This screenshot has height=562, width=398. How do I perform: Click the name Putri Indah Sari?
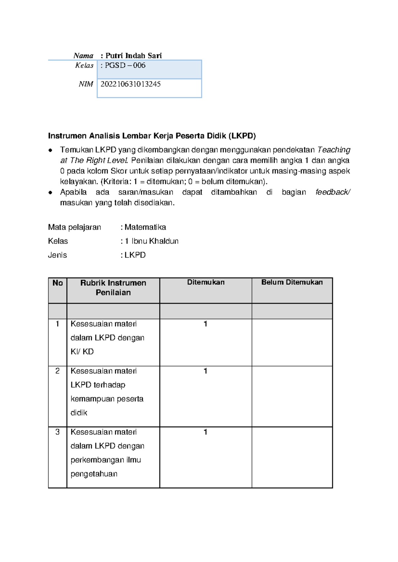coord(133,56)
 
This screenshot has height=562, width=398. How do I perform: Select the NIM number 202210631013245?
coord(130,84)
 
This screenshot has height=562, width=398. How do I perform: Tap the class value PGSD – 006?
coord(125,65)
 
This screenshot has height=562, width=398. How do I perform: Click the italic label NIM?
coord(86,84)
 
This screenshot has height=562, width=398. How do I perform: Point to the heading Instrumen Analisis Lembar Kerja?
coord(152,136)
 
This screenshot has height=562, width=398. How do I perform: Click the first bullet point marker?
coord(50,150)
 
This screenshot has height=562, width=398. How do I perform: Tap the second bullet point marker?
coord(50,193)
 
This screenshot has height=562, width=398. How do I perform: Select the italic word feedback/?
coord(333,192)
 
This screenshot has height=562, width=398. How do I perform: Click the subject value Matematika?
coord(145,227)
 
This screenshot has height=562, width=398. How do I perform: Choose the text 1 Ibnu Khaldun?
coord(152,241)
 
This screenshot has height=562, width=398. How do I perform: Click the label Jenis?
coord(57,255)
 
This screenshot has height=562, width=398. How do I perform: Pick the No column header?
coord(57,283)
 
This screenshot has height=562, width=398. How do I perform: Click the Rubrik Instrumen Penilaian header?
coord(113,288)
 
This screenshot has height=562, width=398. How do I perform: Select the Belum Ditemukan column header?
coord(292,282)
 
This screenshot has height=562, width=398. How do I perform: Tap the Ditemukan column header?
coord(206,282)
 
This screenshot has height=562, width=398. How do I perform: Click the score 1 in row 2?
coord(205,371)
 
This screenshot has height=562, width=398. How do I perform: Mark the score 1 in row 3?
coord(205,432)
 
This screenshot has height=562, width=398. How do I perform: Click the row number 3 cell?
coord(57,432)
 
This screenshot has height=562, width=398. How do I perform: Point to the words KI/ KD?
coord(82,352)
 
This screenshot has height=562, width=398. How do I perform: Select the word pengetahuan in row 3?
coord(94,474)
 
